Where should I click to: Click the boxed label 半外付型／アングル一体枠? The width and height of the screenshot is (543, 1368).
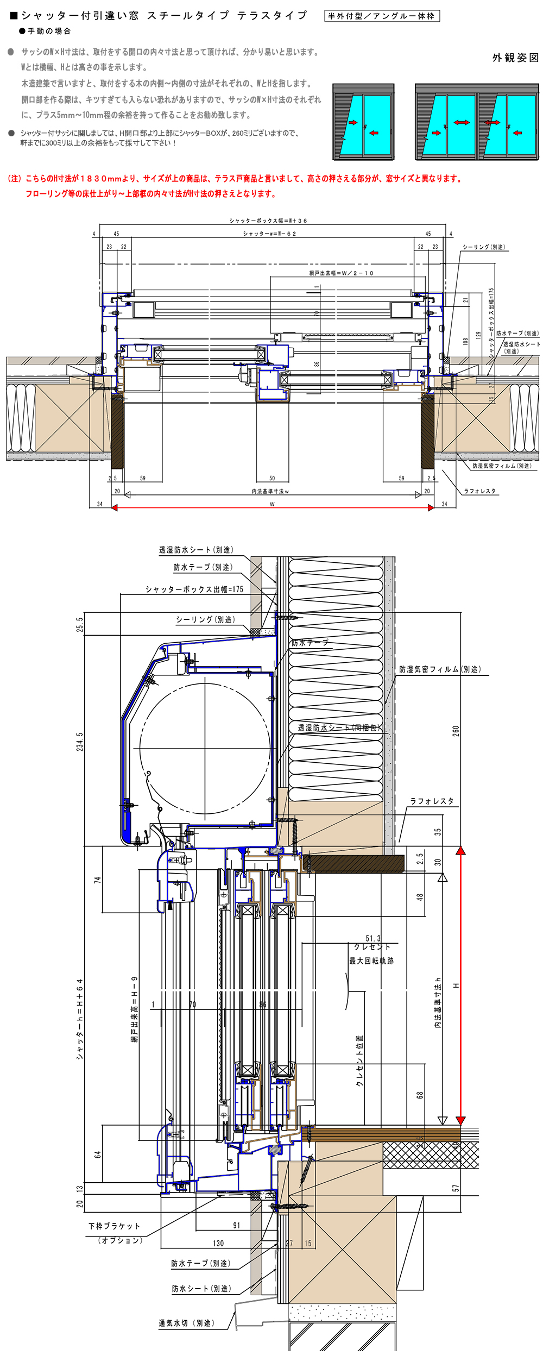tap(382, 16)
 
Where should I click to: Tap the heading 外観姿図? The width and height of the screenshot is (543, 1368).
tap(515, 58)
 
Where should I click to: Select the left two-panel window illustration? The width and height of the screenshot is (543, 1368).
tap(363, 122)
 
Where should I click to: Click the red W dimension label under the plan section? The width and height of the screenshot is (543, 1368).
tap(272, 504)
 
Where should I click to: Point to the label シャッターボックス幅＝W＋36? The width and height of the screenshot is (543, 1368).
tap(268, 221)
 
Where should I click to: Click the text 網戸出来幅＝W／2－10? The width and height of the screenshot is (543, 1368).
tap(342, 273)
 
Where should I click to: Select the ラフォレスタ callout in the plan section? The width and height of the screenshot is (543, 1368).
tap(479, 491)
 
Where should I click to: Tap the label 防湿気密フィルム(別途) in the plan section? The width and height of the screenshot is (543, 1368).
tap(502, 466)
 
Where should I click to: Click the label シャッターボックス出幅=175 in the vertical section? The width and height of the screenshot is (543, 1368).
tap(194, 589)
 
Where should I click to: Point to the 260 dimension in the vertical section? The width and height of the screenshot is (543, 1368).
tap(456, 731)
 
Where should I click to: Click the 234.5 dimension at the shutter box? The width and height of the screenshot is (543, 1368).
tap(80, 742)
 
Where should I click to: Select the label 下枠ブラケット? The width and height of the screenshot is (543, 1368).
tap(115, 1226)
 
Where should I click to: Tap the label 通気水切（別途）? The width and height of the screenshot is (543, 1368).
tap(186, 1323)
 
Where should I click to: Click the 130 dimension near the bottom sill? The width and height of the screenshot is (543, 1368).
tap(218, 1243)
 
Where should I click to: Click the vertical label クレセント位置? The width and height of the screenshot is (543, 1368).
tap(359, 1061)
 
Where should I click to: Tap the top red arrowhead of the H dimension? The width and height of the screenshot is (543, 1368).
tap(460, 851)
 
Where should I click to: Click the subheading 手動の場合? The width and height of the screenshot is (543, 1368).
tap(49, 32)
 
